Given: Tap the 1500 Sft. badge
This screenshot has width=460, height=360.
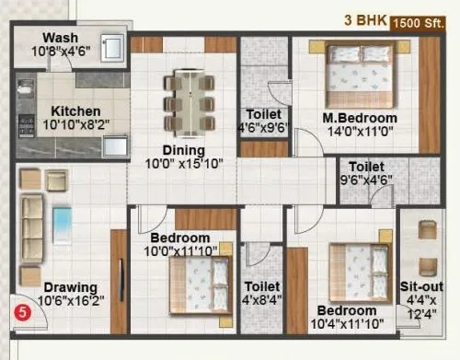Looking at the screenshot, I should click(425, 22).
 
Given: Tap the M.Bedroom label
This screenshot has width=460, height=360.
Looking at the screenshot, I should click(360, 118).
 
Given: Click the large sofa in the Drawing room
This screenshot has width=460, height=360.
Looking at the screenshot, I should click(33, 221).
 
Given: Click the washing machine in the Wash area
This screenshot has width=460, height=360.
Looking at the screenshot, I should click(112, 48).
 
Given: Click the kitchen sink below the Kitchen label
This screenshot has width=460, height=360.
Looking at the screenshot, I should click(116, 145).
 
